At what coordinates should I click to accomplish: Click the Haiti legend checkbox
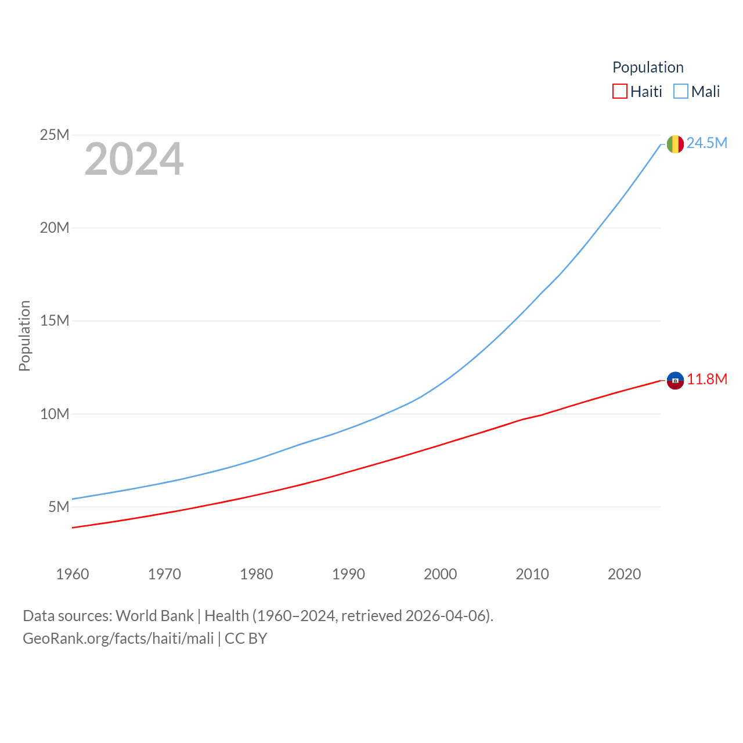[620, 92]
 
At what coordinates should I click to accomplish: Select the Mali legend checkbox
[681, 92]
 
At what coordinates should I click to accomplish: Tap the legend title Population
[648, 67]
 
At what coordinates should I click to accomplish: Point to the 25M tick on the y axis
[55, 135]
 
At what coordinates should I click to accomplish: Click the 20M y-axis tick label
[55, 228]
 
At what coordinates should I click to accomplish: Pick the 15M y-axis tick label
[55, 321]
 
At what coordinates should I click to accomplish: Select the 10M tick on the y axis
[55, 414]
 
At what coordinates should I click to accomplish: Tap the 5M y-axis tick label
[59, 507]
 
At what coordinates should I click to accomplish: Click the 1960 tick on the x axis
[73, 574]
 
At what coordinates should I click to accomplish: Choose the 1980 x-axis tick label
[257, 574]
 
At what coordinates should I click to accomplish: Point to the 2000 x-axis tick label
[441, 574]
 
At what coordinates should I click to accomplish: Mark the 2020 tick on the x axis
[625, 574]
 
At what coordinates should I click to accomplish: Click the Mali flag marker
[675, 144]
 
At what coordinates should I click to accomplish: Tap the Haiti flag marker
[675, 380]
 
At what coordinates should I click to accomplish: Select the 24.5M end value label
[707, 143]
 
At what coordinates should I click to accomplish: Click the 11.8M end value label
[707, 380]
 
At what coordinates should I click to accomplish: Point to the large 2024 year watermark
[134, 160]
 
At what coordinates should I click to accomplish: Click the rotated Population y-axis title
[24, 336]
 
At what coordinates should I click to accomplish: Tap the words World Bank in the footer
[154, 616]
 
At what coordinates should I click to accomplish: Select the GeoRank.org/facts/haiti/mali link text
[118, 639]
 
